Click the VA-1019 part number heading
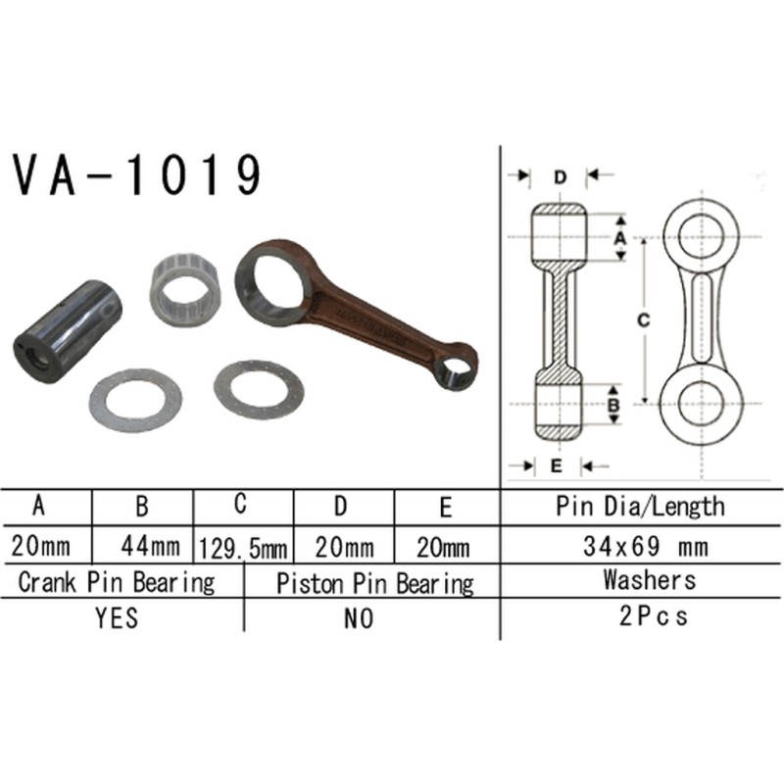[137, 176]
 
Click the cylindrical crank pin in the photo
[67, 325]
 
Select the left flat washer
[135, 400]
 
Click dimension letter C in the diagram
[642, 319]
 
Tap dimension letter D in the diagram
[559, 177]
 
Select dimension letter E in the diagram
[556, 465]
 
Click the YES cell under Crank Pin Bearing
[117, 617]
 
